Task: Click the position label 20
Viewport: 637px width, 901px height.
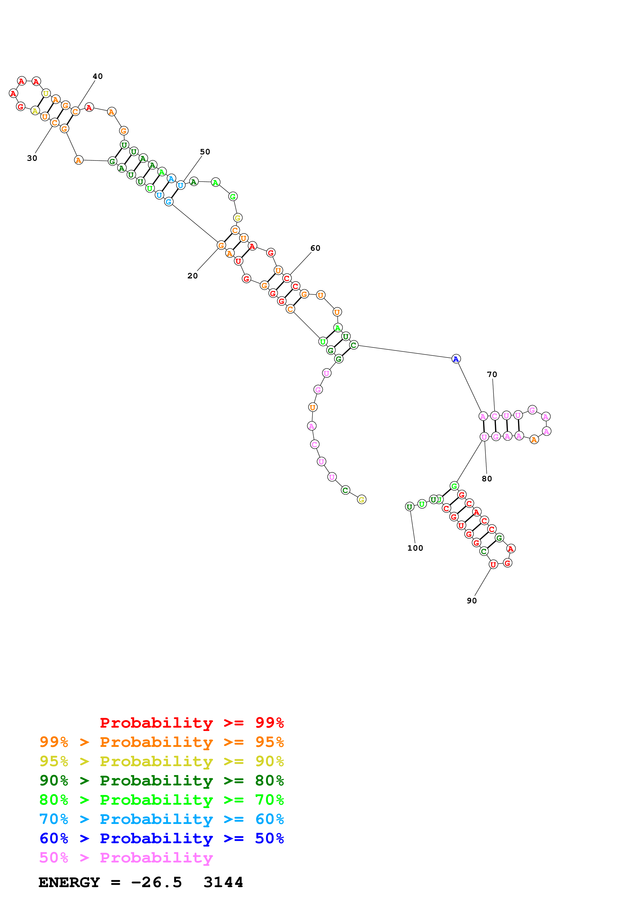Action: coord(192,276)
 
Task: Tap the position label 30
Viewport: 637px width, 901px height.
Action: coord(32,158)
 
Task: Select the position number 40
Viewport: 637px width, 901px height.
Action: coord(98,76)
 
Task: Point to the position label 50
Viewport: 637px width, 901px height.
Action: coord(205,152)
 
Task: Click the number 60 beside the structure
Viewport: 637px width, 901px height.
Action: coord(315,248)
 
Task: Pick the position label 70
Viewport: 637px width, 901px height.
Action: coord(492,374)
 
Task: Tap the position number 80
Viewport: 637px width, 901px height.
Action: coord(487,479)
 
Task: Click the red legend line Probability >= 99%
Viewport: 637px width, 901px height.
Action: coord(191,723)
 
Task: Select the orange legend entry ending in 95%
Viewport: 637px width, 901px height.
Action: coord(161,742)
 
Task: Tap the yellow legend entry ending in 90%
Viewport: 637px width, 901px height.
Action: coord(161,761)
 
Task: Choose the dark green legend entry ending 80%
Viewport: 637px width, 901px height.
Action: coord(161,781)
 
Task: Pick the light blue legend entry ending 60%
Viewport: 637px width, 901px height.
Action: coord(161,819)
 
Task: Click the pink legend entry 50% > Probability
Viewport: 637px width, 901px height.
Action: coord(126,857)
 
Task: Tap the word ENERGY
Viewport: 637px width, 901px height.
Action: coord(69,882)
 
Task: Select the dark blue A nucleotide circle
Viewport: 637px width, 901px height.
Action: coord(456,359)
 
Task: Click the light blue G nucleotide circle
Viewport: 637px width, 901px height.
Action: coord(168,202)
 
